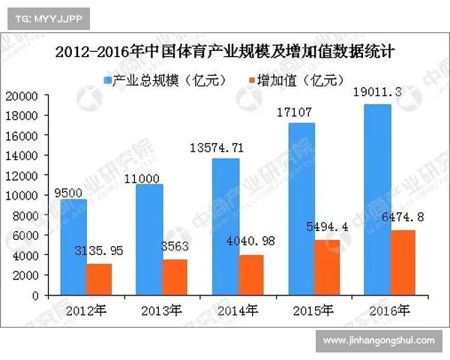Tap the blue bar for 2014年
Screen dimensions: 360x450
[x=227, y=226]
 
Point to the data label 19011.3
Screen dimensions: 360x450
[x=376, y=93]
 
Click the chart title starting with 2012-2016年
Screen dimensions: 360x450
[x=225, y=52]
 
